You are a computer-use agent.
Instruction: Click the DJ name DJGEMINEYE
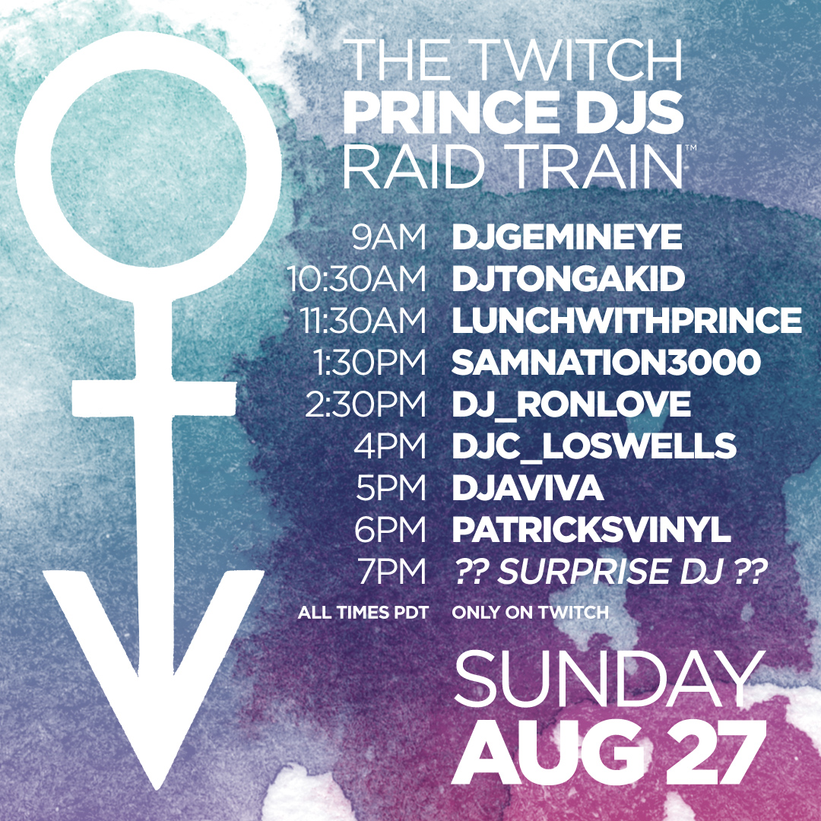coord(567,237)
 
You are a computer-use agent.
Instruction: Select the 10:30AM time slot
coord(357,278)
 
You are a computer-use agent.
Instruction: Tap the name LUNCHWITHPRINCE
coord(626,321)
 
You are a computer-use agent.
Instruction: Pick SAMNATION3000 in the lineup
coord(607,363)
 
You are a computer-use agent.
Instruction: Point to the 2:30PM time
coord(366,404)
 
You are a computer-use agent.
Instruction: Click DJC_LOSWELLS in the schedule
coord(594,447)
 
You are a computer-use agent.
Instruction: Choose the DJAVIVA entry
coord(528,488)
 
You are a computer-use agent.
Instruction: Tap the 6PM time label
coord(390,530)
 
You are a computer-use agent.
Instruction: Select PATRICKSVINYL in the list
coord(591,530)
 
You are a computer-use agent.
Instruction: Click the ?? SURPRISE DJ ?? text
coord(610,571)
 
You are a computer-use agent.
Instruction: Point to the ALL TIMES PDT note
coord(363,613)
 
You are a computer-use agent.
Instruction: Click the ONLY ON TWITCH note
coord(531,613)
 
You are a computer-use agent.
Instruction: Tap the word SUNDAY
coord(610,679)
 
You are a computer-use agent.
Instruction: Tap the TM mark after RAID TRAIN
coord(690,148)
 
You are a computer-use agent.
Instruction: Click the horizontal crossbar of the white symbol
coord(154,399)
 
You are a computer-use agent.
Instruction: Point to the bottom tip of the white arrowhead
coord(156,788)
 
